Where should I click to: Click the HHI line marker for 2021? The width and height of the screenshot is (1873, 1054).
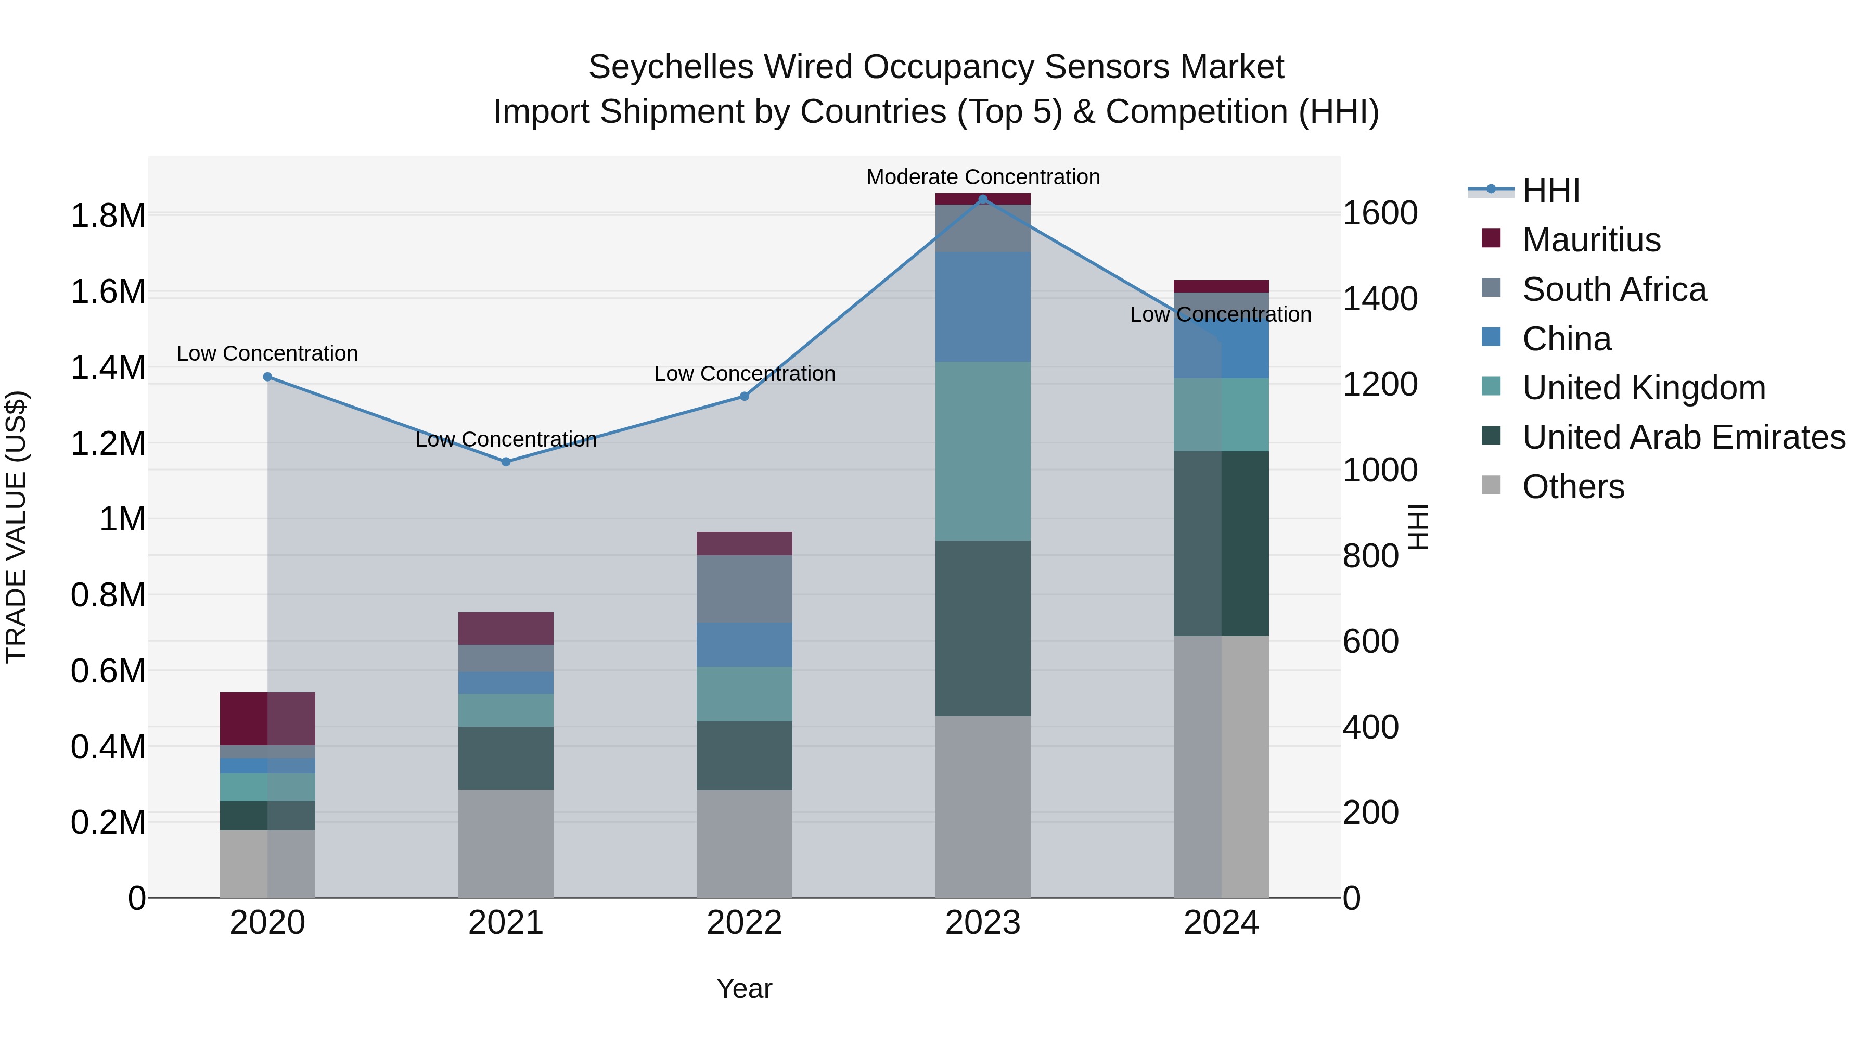[506, 462]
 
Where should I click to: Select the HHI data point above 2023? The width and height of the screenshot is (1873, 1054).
[983, 199]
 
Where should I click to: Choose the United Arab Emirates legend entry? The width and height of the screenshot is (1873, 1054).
[1683, 437]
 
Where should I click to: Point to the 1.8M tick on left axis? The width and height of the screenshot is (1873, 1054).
[108, 216]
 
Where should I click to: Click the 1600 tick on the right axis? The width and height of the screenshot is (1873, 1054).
[1379, 214]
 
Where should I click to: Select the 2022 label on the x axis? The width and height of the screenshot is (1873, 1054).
[744, 923]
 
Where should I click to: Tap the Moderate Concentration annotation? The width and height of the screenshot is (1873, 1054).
[983, 177]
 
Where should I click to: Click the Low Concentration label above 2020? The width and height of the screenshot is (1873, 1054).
[267, 353]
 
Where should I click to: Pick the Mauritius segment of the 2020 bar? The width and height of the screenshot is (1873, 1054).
[267, 719]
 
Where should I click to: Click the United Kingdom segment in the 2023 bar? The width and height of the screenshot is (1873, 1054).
[983, 451]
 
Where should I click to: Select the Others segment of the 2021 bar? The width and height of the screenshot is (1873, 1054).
[506, 844]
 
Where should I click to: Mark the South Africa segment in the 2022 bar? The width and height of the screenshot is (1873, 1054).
[744, 589]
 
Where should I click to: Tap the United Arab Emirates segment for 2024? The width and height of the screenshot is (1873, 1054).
[1222, 543]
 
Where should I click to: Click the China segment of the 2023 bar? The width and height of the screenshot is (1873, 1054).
[983, 307]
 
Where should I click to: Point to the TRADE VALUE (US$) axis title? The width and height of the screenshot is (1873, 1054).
[16, 527]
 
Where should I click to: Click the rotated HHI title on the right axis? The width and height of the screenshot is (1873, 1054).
[1418, 527]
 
